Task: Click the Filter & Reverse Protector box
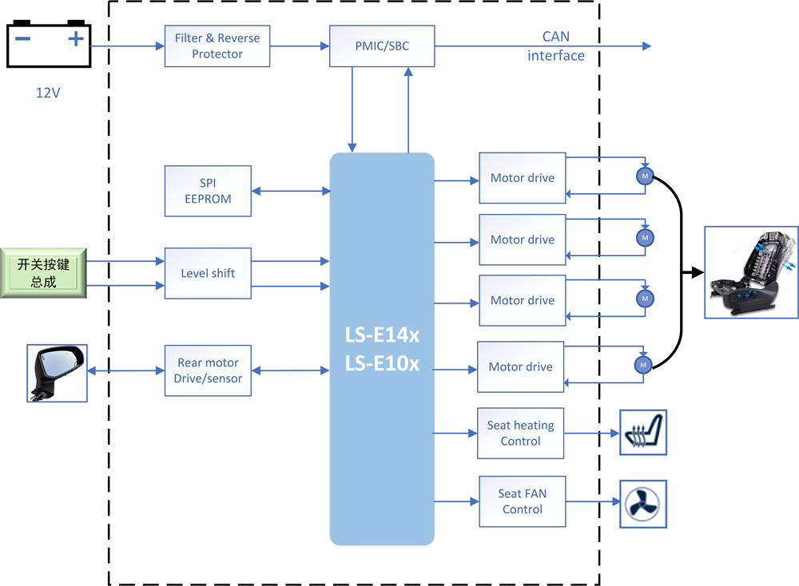pyautogui.click(x=217, y=46)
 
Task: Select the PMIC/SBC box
pyautogui.click(x=382, y=46)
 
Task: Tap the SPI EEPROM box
pyautogui.click(x=208, y=191)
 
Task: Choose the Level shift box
pyautogui.click(x=208, y=273)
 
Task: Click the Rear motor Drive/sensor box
pyautogui.click(x=208, y=370)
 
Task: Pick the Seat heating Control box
pyautogui.click(x=520, y=434)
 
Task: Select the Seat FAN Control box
pyautogui.click(x=523, y=501)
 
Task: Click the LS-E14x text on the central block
pyautogui.click(x=382, y=335)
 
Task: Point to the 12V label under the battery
pyautogui.click(x=48, y=93)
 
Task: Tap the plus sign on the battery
pyautogui.click(x=76, y=38)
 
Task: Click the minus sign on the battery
pyautogui.click(x=22, y=38)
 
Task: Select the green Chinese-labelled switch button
pyautogui.click(x=43, y=273)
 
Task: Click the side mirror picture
pyautogui.click(x=57, y=373)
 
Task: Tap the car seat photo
pyautogui.click(x=751, y=273)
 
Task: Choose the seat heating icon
pyautogui.click(x=643, y=432)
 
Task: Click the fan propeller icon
pyautogui.click(x=643, y=504)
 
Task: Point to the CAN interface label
pyautogui.click(x=556, y=46)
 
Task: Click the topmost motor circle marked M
pyautogui.click(x=645, y=176)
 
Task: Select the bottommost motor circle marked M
pyautogui.click(x=643, y=365)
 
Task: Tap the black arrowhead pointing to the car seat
pyautogui.click(x=698, y=273)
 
